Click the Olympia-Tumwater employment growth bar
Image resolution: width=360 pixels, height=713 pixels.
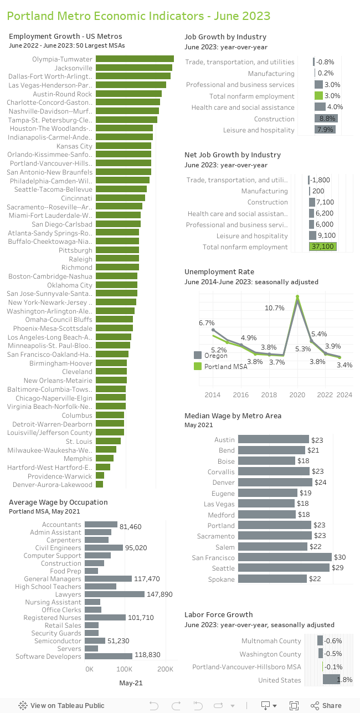point(135,59)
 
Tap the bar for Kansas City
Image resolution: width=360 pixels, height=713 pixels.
point(123,146)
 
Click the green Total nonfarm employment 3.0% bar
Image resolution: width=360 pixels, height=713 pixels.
point(318,96)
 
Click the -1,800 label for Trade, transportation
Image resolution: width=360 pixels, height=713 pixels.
point(321,180)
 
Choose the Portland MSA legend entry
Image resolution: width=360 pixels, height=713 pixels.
point(225,367)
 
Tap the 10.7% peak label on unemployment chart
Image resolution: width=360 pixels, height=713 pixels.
point(275,307)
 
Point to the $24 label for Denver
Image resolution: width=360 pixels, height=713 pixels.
point(321,483)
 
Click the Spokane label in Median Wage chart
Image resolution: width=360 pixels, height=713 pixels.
point(221,579)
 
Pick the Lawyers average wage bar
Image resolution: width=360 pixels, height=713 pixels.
point(115,594)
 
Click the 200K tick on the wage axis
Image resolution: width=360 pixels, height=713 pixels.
point(166,669)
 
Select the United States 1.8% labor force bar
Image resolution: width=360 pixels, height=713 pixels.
point(331,680)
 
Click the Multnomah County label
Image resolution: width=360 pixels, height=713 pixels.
point(271,641)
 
